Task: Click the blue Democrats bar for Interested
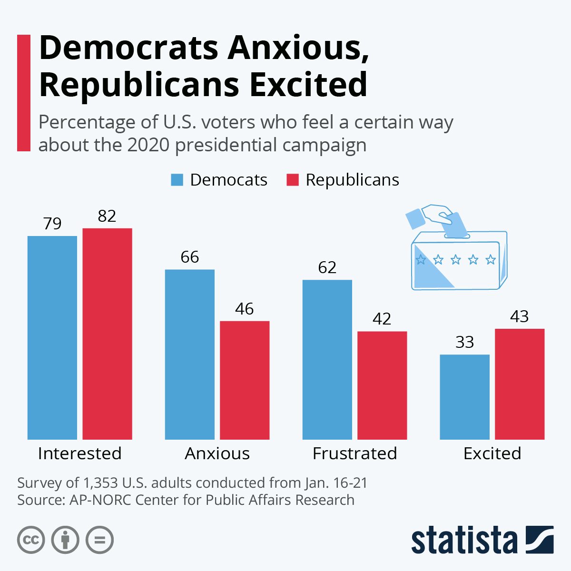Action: tap(52, 337)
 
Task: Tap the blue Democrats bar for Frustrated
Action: tap(327, 359)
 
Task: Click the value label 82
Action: tap(107, 217)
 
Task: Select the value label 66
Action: tap(189, 257)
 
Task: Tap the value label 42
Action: tap(382, 319)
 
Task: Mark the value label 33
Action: tap(465, 343)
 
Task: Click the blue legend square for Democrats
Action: tap(177, 180)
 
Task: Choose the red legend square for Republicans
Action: tap(293, 180)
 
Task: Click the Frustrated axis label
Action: tap(354, 453)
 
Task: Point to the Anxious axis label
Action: tap(217, 453)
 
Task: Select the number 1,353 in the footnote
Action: tap(100, 483)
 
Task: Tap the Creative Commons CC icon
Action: tap(31, 540)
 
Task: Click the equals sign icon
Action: tap(100, 540)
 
